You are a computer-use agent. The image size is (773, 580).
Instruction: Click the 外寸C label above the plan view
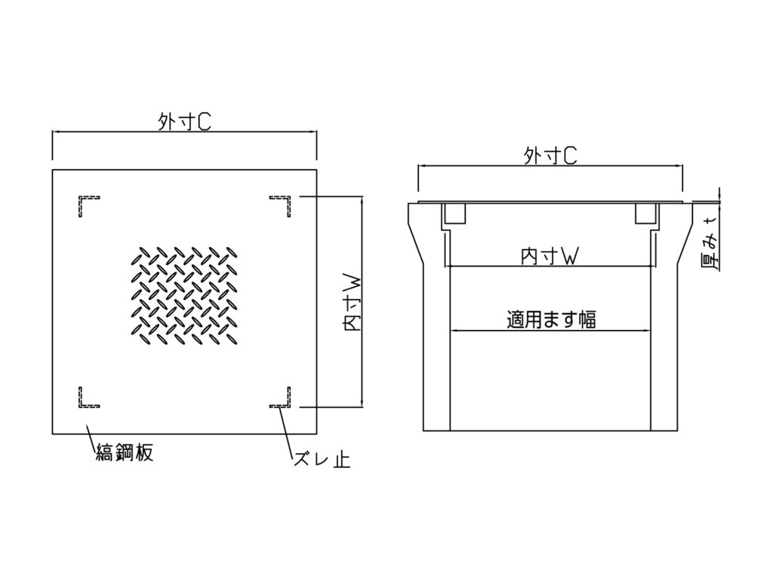point(184,122)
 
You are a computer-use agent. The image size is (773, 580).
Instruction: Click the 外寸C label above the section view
point(550,156)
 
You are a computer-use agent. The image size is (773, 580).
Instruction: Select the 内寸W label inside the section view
point(550,256)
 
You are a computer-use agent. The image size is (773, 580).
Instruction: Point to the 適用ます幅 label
point(551,319)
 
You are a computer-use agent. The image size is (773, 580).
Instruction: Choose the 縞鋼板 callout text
point(125,452)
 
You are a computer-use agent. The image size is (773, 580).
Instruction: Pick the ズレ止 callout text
point(322,460)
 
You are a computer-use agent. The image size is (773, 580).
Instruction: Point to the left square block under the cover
point(454,213)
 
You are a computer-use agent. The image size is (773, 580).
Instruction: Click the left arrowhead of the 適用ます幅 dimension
point(454,331)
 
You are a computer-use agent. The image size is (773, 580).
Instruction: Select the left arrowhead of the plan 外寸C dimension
point(56,131)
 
